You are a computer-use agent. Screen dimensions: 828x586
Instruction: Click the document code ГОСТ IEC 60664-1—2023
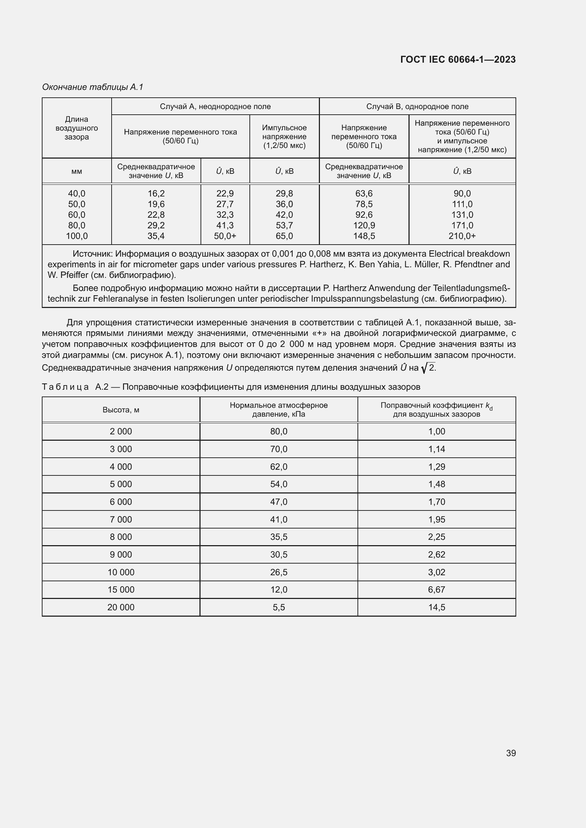457,59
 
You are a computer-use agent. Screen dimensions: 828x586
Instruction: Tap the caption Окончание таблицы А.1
93,87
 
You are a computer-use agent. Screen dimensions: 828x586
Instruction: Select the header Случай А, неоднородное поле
215,107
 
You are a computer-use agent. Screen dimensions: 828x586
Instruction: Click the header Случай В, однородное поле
417,107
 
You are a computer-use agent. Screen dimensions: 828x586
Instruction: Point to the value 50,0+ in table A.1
225,236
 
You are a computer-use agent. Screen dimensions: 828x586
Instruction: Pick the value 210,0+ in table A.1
462,236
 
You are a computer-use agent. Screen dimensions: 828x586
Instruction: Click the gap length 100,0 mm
77,236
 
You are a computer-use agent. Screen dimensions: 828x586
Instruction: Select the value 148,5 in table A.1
364,236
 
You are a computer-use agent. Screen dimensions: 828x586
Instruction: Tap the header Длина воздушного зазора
77,128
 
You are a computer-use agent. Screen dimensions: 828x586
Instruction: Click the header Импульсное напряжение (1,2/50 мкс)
284,137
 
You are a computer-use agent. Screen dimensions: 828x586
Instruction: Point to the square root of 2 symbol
428,368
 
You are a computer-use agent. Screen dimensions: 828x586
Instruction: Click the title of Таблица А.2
231,387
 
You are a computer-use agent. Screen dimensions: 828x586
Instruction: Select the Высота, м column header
121,410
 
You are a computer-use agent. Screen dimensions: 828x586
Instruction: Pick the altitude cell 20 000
121,607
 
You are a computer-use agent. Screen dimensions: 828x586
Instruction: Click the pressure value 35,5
278,537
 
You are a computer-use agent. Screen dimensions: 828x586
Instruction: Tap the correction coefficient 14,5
436,607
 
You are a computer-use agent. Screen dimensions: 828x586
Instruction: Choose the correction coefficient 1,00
436,432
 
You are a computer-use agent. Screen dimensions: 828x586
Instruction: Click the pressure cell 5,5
278,607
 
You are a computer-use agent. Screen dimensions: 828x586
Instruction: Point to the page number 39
511,753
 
